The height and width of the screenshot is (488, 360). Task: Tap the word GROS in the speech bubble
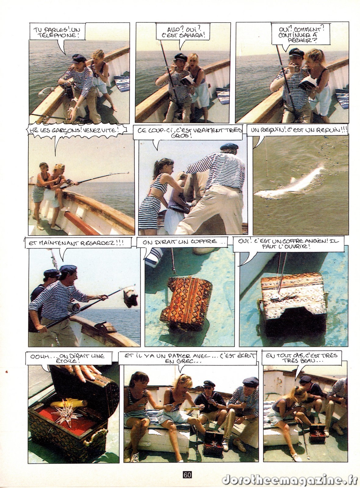[185, 136]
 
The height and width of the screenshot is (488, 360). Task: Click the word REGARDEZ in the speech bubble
[98, 243]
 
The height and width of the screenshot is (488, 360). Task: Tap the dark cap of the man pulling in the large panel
[229, 147]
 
